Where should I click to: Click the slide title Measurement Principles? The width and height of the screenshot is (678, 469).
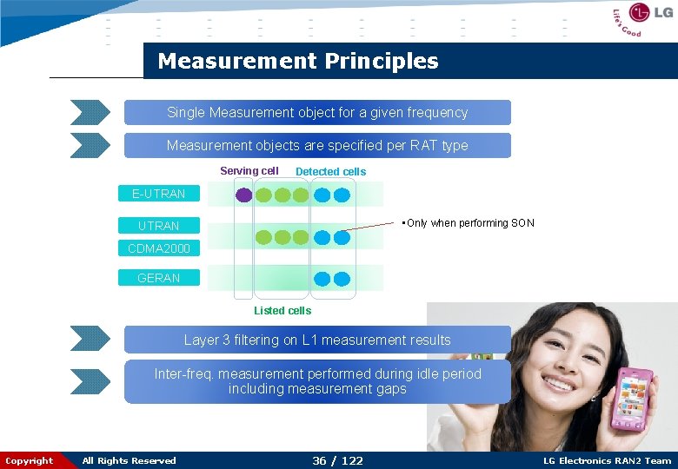pos(298,62)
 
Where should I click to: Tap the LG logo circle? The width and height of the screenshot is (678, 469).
pos(640,13)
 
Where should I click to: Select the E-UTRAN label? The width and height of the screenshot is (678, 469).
pos(159,194)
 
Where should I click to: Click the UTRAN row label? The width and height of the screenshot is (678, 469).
pos(159,226)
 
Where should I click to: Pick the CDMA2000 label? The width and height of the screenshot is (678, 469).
pos(159,249)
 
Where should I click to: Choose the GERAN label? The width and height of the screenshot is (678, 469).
pos(159,278)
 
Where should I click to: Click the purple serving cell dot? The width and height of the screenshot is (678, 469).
pos(245,195)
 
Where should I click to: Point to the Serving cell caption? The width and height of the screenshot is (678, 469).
pos(249,171)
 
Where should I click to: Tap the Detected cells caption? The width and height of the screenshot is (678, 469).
pos(330,172)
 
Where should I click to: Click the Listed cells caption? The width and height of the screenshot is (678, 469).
pos(282,310)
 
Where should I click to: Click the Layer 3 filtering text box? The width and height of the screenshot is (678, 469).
pos(317,340)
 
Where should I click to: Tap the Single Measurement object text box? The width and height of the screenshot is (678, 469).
pos(317,113)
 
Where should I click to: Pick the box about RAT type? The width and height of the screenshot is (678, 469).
pos(317,146)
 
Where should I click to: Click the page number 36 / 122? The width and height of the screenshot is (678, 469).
pos(337,460)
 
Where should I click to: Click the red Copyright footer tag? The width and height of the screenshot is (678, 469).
pos(29,460)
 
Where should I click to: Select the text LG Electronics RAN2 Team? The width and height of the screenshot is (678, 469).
pos(607,460)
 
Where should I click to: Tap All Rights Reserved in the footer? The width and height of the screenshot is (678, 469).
pos(129,460)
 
